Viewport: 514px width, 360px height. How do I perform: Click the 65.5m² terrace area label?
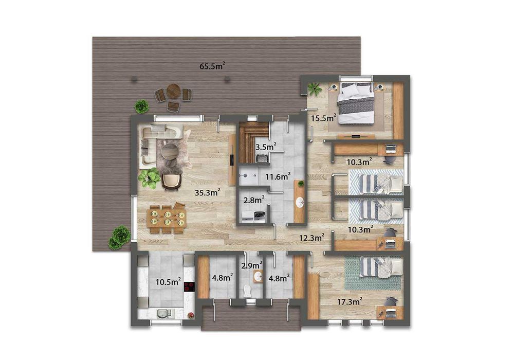[x=212, y=66]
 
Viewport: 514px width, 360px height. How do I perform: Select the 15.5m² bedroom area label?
[x=323, y=118]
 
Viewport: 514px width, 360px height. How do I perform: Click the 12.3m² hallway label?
[x=312, y=237]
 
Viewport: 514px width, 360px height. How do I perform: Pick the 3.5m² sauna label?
[x=266, y=147]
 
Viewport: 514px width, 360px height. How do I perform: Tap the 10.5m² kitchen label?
[x=168, y=281]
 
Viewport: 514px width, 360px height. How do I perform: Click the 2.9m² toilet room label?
[x=251, y=266]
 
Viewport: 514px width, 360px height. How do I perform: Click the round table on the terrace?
[x=174, y=92]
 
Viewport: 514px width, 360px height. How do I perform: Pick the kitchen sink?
[x=165, y=313]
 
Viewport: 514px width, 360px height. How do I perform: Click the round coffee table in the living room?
[x=169, y=151]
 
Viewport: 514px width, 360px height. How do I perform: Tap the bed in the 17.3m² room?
[x=381, y=267]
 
